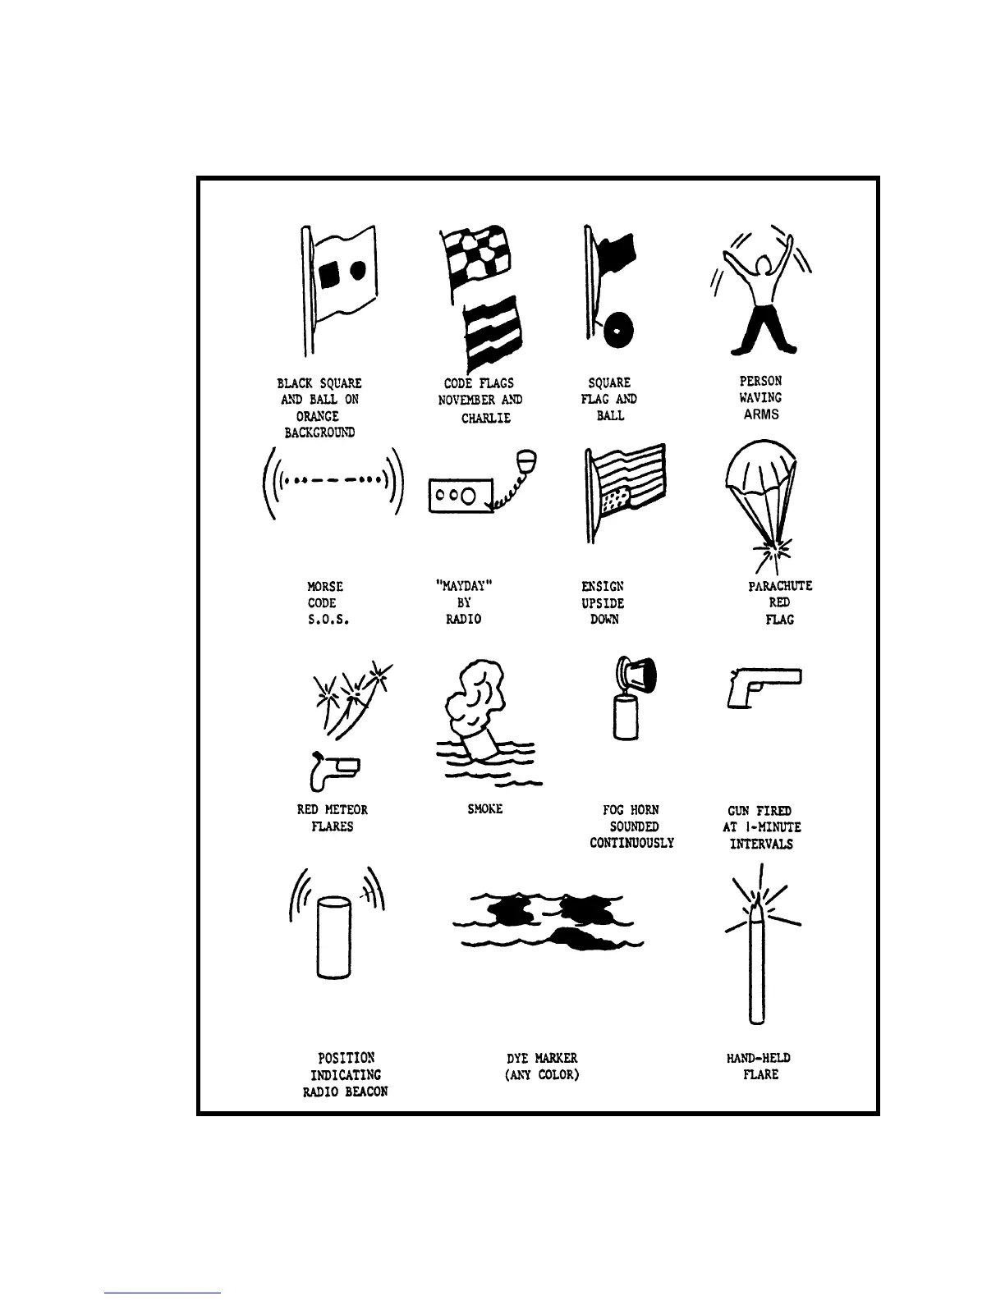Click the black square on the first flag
point(328,276)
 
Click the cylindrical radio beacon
point(333,936)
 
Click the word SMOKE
point(484,809)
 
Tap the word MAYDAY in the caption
point(464,586)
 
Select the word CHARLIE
point(485,418)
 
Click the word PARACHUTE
point(780,586)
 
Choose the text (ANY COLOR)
point(542,1074)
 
